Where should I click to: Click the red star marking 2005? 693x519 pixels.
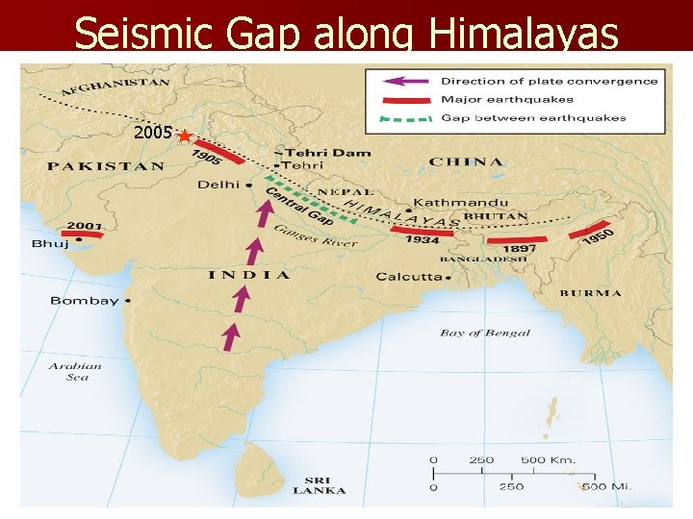point(185,137)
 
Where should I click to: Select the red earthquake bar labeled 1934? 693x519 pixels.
point(422,231)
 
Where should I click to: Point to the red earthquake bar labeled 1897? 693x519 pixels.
point(518,238)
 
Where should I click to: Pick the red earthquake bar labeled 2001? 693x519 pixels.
point(82,234)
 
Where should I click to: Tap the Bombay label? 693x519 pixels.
point(84,301)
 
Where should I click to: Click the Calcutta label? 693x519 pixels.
point(408,277)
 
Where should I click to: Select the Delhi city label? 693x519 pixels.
point(218,184)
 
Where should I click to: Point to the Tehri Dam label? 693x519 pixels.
point(311,152)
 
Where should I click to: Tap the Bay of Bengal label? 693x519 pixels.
point(485,334)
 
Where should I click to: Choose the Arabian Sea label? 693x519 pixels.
point(75,371)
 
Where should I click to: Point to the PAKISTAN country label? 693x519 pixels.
point(106,166)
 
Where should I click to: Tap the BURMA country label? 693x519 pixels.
point(590,293)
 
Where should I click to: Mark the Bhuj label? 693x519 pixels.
point(50,244)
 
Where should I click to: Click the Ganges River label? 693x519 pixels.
point(315,235)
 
